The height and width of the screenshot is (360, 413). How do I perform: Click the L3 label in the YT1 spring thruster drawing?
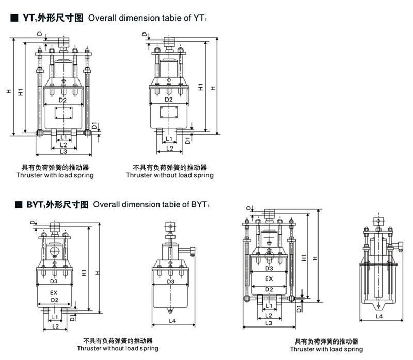63,152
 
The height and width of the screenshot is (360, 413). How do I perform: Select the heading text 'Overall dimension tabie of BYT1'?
151,204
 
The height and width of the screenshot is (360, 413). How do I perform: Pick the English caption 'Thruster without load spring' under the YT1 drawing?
170,175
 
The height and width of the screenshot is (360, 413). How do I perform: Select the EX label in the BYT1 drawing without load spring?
54,292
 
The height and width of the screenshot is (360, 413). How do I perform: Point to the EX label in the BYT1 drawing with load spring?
269,279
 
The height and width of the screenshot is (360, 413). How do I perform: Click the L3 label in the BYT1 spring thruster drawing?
268,323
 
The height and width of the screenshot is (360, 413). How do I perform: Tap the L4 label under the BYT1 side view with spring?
379,316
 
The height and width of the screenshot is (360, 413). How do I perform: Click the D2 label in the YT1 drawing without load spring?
168,100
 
